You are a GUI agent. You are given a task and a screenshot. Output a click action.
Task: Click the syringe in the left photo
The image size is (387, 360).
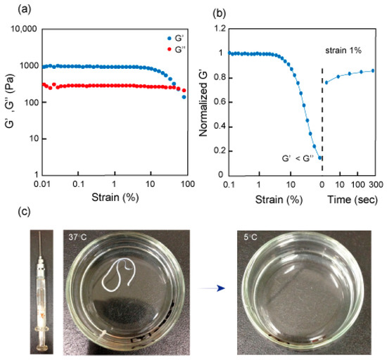pos(43,288)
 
